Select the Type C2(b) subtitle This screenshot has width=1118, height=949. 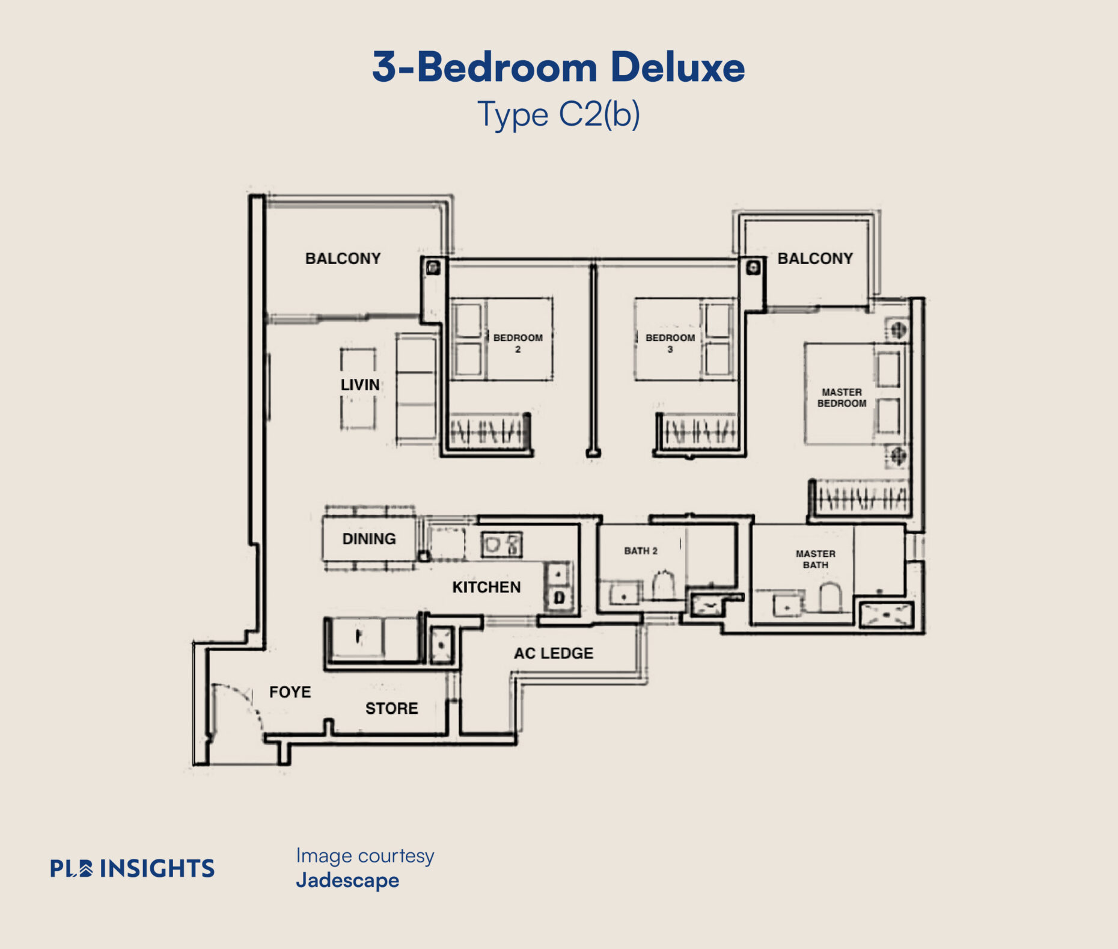click(x=558, y=114)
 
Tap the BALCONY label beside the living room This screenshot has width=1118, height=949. click(x=343, y=259)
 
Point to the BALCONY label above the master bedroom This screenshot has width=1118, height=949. click(x=815, y=259)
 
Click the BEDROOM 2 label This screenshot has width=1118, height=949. click(x=518, y=343)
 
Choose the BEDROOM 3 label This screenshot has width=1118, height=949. click(x=670, y=343)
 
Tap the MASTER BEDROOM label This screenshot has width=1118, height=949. click(x=842, y=398)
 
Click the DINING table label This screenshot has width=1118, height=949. click(x=369, y=539)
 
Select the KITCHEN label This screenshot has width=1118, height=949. click(x=486, y=587)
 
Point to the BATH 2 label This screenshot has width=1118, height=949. click(x=641, y=551)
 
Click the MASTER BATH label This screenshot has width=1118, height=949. click(x=816, y=559)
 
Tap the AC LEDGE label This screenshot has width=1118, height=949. click(x=554, y=653)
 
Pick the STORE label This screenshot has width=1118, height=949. click(x=391, y=708)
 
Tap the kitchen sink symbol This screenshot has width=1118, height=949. click(x=501, y=545)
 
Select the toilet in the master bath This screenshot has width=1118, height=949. click(x=830, y=597)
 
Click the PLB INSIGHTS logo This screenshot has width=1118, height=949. click(x=132, y=868)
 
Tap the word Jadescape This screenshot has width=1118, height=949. click(x=347, y=880)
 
